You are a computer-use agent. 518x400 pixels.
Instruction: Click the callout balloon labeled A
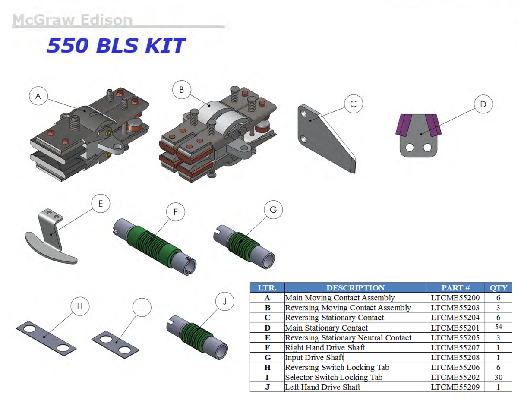coord(38,96)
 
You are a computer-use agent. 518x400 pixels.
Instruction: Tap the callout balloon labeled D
coord(483,104)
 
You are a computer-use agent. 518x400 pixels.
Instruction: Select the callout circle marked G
coord(273,210)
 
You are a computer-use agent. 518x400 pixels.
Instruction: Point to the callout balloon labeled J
coord(224,301)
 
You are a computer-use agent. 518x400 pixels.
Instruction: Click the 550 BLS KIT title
coord(116,45)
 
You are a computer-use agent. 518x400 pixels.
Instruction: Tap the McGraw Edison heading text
coord(73,19)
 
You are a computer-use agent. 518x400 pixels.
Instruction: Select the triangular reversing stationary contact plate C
coord(327,138)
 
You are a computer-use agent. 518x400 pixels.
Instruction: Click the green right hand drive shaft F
coord(155,246)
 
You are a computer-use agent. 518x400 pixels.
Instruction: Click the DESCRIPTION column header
coord(355,288)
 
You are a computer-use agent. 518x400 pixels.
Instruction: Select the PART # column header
coord(455,288)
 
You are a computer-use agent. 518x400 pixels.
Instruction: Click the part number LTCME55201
coord(455,328)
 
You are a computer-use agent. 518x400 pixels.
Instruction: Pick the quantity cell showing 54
coord(499,327)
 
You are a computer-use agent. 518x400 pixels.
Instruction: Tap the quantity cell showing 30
coord(499,378)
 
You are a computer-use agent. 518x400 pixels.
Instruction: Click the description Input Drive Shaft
coord(314,358)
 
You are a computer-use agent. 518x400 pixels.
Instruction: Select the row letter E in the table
coord(268,338)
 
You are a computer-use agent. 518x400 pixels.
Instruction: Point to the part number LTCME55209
coord(455,387)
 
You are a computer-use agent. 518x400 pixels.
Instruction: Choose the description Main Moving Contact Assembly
coord(340,298)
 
